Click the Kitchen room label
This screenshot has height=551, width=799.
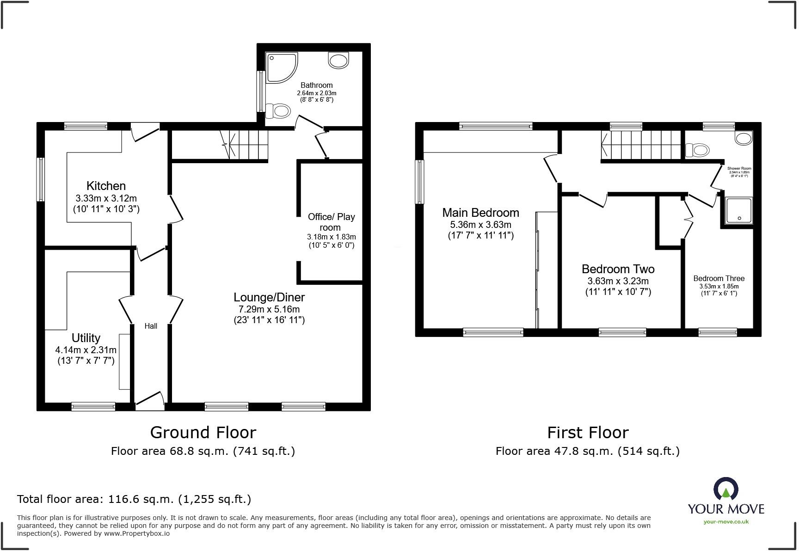pos(106,186)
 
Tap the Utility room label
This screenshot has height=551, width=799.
pos(86,338)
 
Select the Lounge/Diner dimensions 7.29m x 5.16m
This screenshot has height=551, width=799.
pos(269,309)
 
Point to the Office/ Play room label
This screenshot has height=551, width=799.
pos(331,222)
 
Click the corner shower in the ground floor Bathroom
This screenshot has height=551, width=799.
pos(280,67)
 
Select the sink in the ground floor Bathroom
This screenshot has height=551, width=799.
pos(338,60)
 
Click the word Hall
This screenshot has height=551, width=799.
pos(151,326)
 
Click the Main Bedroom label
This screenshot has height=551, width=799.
pos(480,213)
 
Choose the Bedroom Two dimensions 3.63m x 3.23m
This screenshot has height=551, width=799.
pos(618,281)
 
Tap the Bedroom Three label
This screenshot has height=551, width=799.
pos(719,278)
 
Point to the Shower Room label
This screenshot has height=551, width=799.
pos(739,169)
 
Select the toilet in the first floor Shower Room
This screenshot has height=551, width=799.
pos(698,150)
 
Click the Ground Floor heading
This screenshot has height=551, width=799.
pos(203,433)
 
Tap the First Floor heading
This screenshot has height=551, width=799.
pos(588,433)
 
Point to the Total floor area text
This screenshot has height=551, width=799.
pos(134,499)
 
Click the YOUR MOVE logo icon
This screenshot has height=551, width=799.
pos(725,489)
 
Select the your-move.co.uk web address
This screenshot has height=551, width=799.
pos(725,522)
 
